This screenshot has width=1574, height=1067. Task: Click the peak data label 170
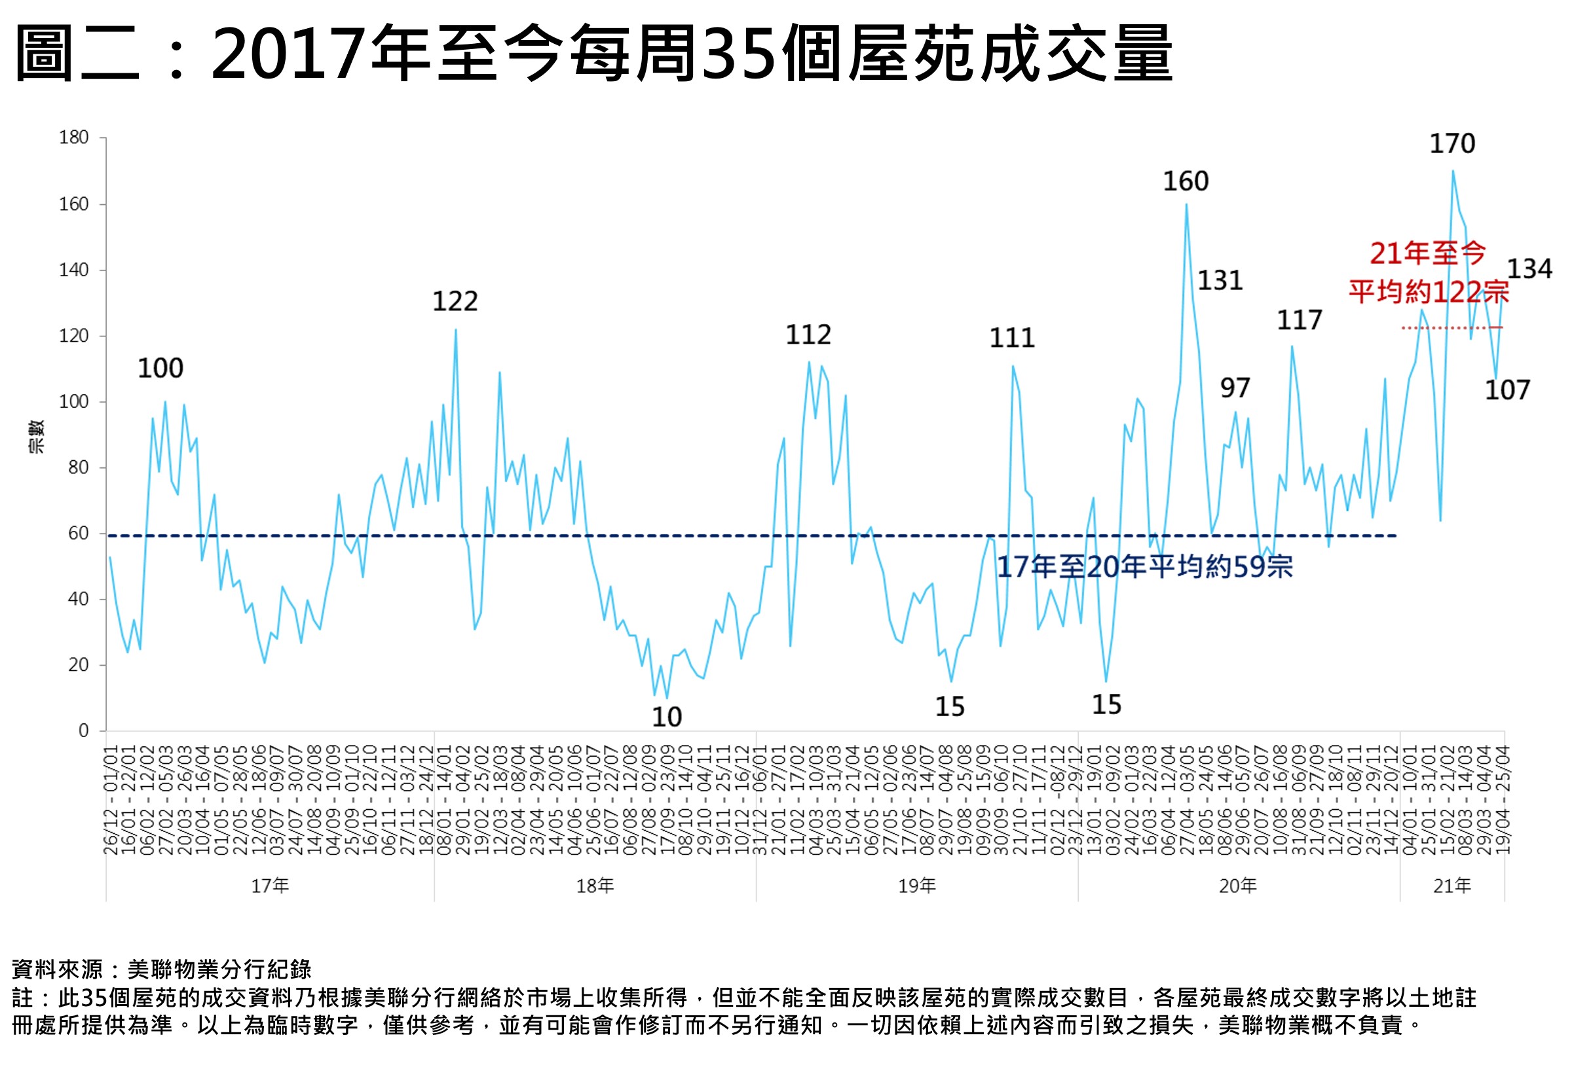1452,144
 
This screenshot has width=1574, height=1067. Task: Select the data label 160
1185,181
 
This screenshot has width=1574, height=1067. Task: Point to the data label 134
1529,270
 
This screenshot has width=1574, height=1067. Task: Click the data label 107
1507,391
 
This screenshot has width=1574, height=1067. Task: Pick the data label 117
1299,320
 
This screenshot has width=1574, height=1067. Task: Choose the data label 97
1235,389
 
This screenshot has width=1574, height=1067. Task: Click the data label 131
1220,281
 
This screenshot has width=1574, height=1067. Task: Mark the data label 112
808,335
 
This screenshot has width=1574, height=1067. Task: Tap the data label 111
1012,338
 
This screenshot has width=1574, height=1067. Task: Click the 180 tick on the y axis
74,137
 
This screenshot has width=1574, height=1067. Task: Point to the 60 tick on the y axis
79,533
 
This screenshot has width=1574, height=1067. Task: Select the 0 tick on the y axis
83,731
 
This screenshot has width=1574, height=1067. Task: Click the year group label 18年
595,886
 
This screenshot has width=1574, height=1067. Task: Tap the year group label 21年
1452,886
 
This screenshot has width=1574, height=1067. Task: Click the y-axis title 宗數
36,437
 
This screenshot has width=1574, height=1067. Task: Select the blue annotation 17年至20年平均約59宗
1144,568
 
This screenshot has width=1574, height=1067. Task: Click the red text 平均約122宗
1429,293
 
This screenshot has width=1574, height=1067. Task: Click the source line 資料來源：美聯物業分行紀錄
161,969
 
